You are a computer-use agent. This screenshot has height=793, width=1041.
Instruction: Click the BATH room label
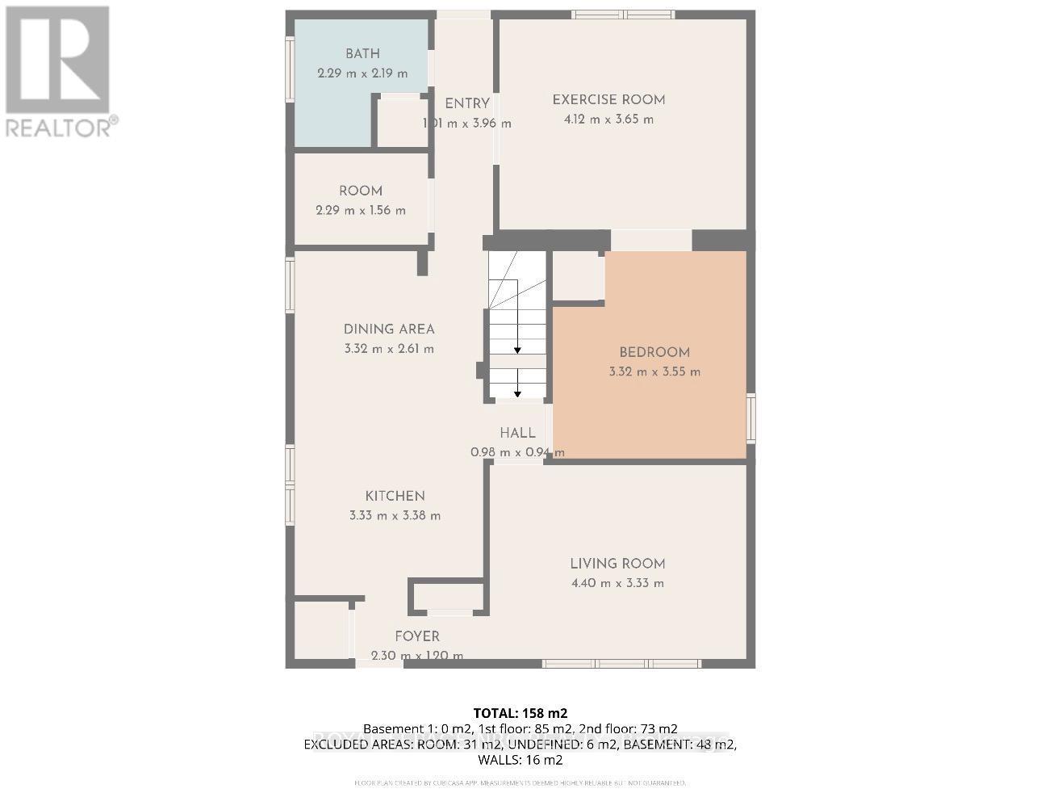362,54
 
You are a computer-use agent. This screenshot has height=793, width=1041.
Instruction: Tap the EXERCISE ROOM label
608,100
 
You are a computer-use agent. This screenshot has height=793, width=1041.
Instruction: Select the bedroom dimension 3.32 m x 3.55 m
654,372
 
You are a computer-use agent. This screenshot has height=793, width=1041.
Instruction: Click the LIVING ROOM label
617,564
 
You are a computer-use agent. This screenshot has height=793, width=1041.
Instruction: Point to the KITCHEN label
395,496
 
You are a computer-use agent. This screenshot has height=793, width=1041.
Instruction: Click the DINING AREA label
389,329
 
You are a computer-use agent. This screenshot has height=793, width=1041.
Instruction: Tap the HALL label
517,433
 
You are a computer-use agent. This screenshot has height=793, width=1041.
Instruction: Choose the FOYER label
417,636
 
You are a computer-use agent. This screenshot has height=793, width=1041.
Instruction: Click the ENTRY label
467,103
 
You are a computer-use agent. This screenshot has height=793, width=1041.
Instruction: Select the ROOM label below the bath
361,191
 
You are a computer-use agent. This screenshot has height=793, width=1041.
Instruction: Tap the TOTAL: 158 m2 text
520,713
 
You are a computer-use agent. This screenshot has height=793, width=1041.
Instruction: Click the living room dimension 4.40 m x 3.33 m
617,583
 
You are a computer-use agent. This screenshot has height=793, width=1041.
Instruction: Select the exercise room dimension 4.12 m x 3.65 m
608,120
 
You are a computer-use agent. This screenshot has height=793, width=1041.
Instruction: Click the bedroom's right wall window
750,417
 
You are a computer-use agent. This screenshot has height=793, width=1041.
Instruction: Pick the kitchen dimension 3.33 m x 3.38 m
395,515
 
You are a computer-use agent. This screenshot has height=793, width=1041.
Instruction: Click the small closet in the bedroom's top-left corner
578,277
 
